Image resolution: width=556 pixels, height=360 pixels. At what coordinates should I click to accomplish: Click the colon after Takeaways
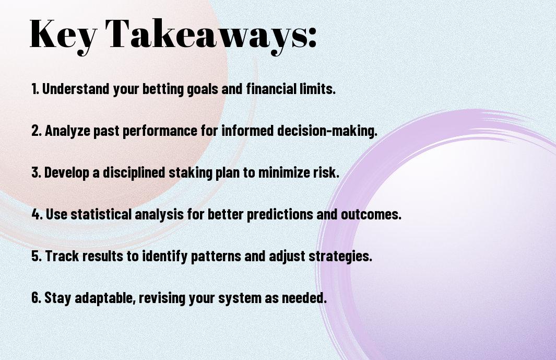312,37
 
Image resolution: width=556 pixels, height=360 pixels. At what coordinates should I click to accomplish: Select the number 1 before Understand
35,89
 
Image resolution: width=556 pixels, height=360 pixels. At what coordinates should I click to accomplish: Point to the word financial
271,89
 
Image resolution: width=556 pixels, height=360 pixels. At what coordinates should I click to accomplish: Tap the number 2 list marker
37,131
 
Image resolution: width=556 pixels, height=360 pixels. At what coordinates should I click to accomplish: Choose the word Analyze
67,131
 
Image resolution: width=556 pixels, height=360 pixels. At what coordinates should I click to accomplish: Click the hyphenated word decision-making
327,131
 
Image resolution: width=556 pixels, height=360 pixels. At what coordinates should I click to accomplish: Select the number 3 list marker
37,172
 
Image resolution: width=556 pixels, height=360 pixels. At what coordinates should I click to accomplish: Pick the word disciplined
134,172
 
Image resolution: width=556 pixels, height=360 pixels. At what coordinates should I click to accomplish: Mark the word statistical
101,214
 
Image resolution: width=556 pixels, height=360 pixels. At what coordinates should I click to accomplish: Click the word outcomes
371,214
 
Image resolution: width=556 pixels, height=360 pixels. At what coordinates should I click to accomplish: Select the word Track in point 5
62,256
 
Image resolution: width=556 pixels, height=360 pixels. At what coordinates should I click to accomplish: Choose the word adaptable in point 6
105,298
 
